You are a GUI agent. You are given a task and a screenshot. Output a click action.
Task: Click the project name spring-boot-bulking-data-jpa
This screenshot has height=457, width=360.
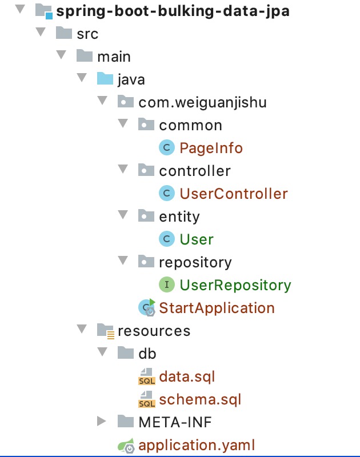click(173, 11)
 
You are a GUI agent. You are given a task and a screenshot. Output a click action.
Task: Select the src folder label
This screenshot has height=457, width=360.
click(87, 34)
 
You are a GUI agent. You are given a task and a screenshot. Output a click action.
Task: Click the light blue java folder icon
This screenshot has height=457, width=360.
click(105, 79)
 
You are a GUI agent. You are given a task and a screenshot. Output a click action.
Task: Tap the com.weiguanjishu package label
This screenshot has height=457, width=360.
click(203, 103)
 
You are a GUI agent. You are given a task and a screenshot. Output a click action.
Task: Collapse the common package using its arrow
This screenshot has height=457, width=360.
click(123, 123)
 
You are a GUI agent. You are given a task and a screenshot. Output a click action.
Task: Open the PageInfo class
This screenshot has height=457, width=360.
click(211, 148)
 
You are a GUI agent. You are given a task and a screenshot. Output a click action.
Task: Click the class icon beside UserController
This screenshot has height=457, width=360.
click(167, 193)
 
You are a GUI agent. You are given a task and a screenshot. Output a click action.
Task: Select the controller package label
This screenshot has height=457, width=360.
click(195, 171)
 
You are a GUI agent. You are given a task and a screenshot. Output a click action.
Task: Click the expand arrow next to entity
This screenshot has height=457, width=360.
click(123, 215)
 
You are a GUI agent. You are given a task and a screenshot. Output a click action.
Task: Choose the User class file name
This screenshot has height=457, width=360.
click(197, 239)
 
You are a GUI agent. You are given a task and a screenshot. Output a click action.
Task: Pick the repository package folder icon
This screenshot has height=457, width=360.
click(146, 262)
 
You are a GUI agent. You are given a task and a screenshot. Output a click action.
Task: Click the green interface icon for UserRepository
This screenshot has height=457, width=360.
click(167, 284)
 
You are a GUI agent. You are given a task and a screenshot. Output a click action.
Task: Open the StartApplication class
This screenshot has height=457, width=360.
click(217, 308)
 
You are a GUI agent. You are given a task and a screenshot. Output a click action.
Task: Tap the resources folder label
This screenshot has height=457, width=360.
click(154, 331)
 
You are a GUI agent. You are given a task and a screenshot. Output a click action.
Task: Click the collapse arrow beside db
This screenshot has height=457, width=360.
click(102, 351)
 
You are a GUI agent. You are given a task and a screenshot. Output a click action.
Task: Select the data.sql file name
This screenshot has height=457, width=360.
click(187, 376)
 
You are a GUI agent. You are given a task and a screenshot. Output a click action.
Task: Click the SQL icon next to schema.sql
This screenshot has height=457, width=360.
click(147, 399)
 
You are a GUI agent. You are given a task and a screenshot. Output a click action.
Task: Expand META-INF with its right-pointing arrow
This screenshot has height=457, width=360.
click(102, 421)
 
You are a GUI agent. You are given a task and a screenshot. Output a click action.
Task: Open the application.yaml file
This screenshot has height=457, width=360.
click(197, 446)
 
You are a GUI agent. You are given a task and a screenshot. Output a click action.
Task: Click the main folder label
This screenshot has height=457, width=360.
click(114, 57)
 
